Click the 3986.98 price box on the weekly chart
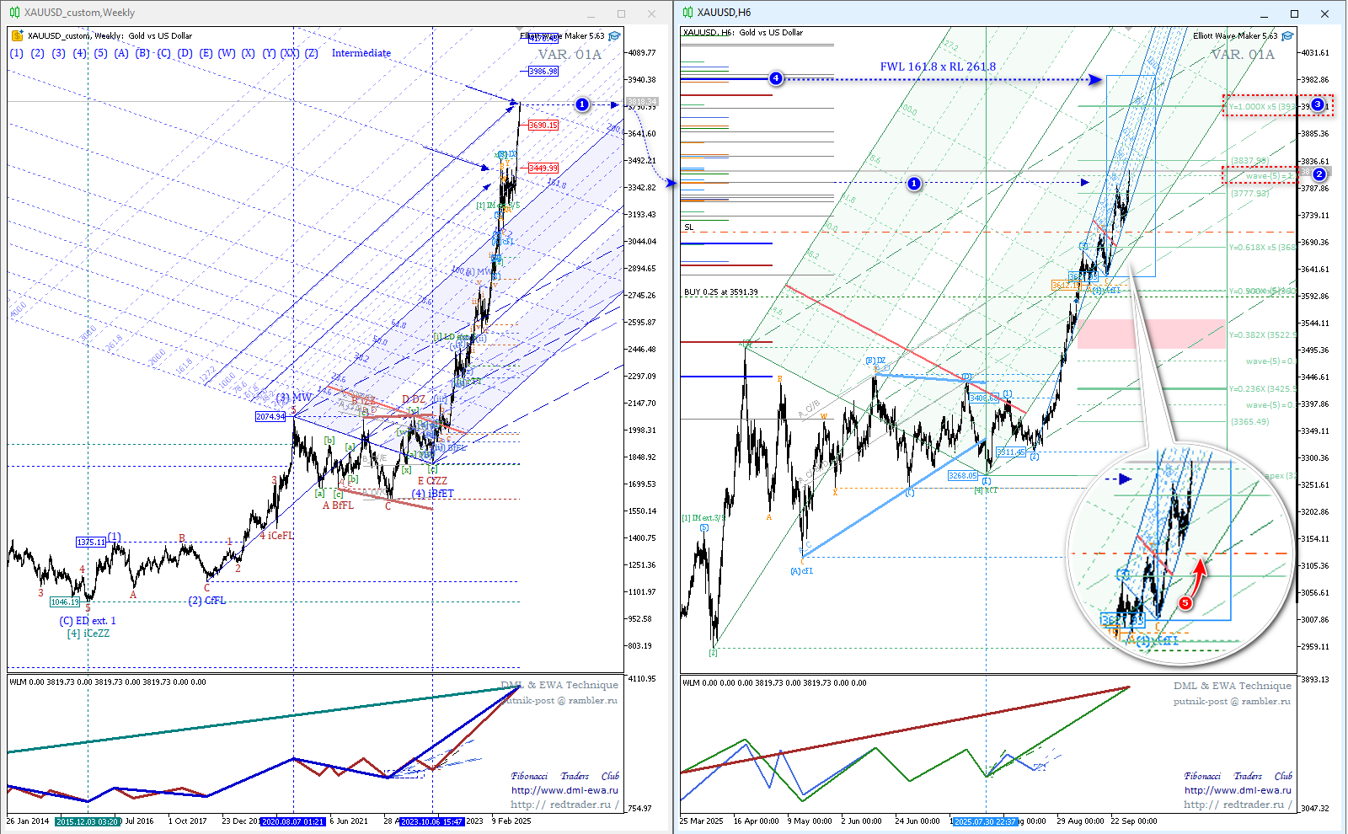coord(543,72)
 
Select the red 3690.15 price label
coord(543,126)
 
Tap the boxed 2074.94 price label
coord(270,417)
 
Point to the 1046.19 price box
coord(65,602)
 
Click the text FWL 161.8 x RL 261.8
coord(938,67)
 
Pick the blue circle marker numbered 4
coord(776,78)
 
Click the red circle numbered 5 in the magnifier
coord(1185,602)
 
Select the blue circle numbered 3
coord(1318,104)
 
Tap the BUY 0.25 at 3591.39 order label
coord(721,292)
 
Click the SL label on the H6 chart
coord(689,227)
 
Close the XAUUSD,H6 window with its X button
coord(1324,13)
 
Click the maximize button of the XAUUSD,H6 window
coord(1294,13)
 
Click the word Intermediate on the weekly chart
coord(361,53)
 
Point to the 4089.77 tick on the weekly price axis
coord(641,52)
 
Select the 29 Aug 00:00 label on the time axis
coord(1080,821)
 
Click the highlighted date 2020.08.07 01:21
coord(292,821)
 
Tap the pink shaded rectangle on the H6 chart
coord(1151,334)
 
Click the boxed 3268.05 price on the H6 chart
coord(962,476)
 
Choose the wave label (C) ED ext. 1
coord(88,621)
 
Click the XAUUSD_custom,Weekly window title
coord(79,13)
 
